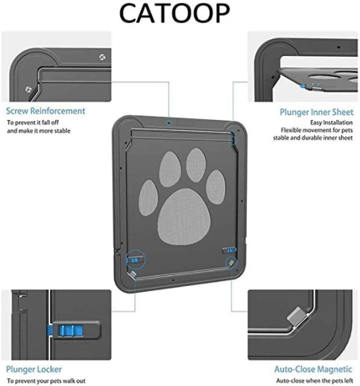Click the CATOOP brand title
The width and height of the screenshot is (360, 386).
click(x=174, y=13)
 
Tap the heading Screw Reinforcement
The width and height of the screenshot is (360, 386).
click(x=46, y=111)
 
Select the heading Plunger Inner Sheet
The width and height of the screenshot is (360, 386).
click(x=316, y=112)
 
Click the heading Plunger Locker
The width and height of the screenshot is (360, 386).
click(x=34, y=369)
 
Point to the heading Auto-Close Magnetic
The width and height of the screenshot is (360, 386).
click(x=313, y=369)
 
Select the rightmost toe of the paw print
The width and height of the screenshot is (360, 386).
click(x=216, y=187)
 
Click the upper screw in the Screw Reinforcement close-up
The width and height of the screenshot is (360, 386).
click(x=102, y=57)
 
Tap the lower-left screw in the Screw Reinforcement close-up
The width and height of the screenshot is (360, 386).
click(x=29, y=90)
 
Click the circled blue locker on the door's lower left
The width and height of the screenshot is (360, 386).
click(x=133, y=260)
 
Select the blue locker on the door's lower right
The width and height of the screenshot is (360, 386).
click(x=230, y=250)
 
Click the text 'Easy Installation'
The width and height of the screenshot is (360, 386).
click(x=331, y=123)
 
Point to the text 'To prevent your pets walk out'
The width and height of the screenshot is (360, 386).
click(x=46, y=381)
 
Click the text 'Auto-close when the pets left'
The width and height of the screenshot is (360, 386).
click(x=314, y=381)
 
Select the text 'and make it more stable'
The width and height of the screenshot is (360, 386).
click(x=39, y=131)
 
